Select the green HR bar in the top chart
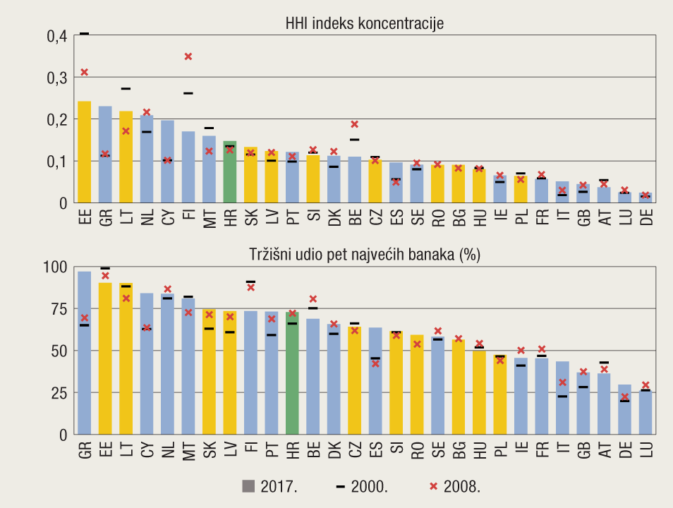230,173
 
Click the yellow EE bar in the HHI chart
84,152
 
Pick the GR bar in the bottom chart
84,353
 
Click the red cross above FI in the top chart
188,56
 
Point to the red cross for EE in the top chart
84,72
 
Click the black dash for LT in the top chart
126,89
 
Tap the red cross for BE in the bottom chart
313,299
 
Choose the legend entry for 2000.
361,485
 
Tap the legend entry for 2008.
455,485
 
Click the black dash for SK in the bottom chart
209,329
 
